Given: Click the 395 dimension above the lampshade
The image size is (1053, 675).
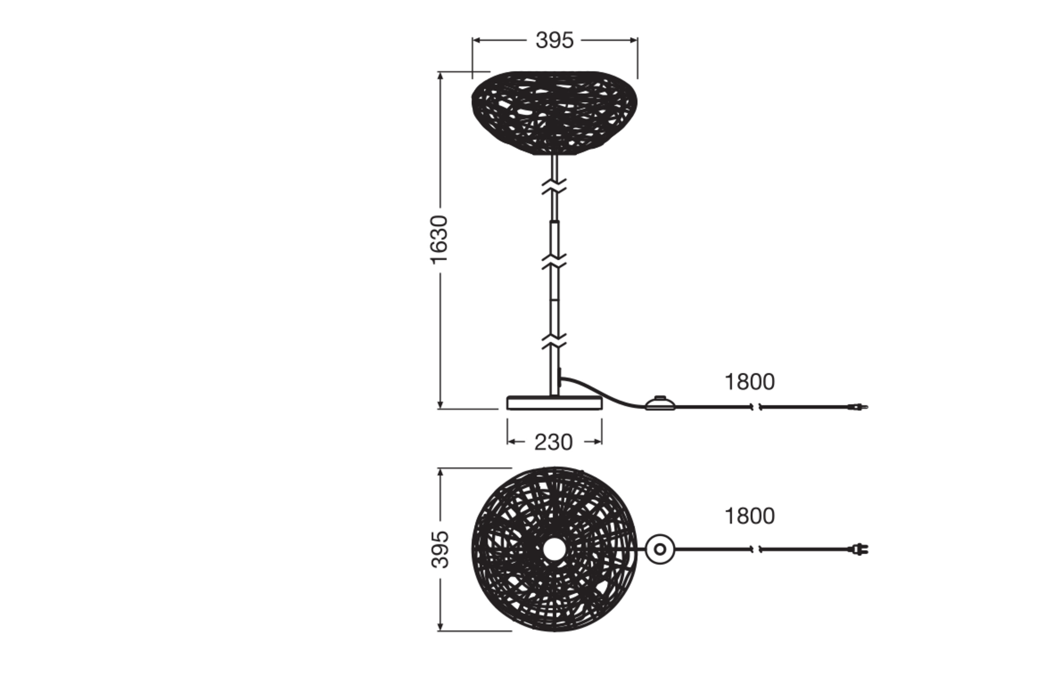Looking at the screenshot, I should [x=554, y=40].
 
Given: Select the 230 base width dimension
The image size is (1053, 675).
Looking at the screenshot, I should [x=553, y=442].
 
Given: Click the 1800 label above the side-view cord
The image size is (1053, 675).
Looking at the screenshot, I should [x=749, y=382].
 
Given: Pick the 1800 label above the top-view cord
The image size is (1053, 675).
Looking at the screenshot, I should [x=749, y=516].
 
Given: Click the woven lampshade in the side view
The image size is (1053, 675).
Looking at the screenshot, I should [x=554, y=112].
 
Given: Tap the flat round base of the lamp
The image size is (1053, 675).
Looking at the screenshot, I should [x=554, y=403].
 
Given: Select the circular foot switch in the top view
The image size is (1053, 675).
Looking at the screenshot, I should [x=660, y=549].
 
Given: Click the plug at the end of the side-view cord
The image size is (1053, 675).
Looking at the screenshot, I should [x=858, y=407].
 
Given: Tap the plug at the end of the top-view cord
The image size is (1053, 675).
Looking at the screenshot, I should [x=859, y=549].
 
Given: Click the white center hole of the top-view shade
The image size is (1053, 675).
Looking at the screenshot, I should [x=554, y=549].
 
